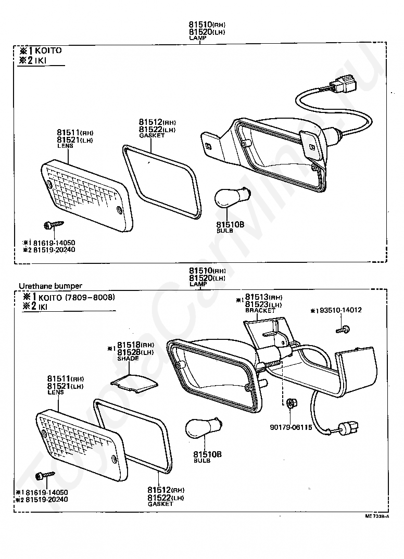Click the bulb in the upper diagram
point(228,199)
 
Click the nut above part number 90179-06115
point(291,402)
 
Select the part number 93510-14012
point(338,310)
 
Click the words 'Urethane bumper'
point(50,286)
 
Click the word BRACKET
point(260,310)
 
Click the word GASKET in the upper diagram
point(151,135)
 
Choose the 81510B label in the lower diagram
point(207,454)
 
